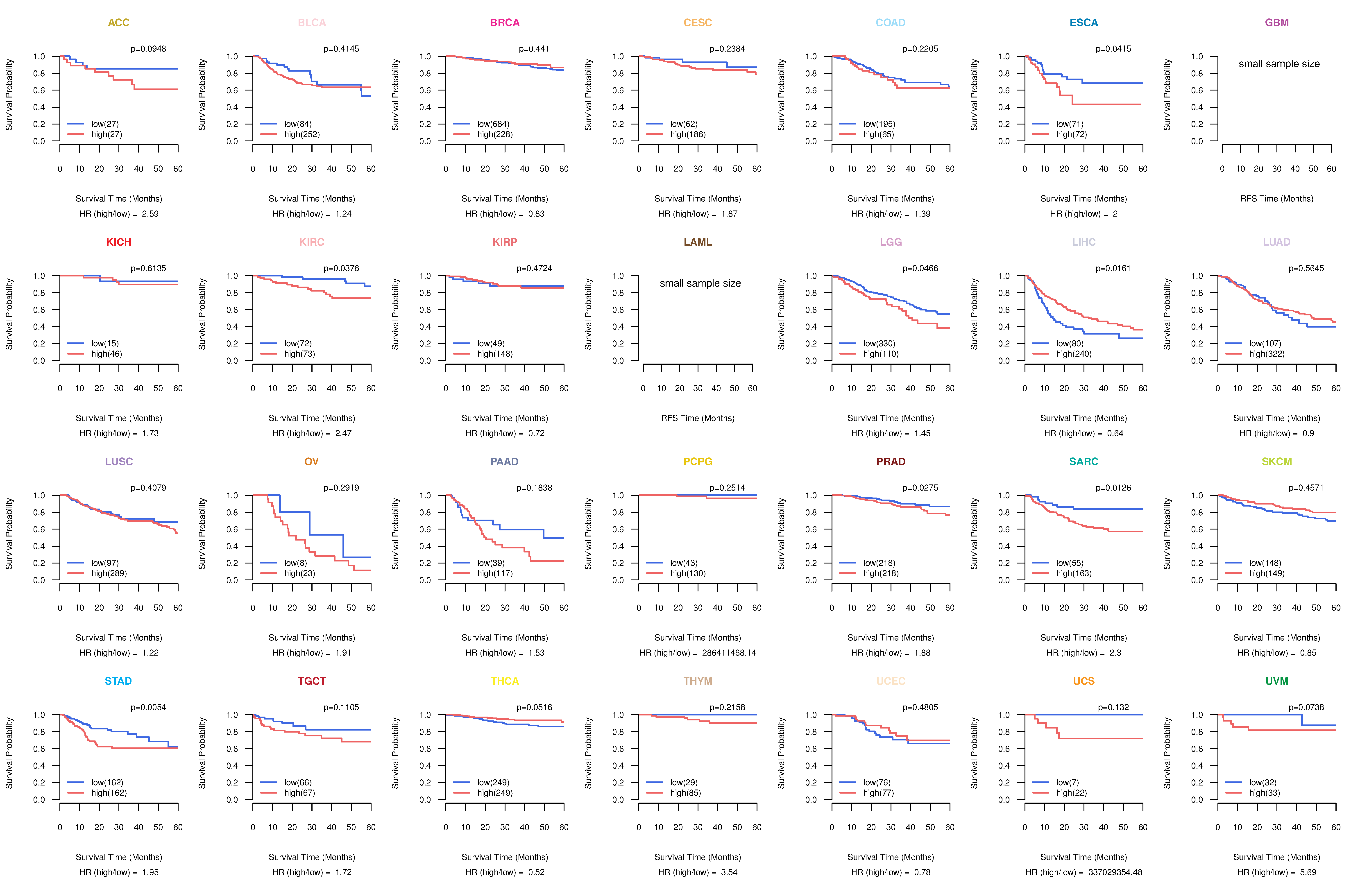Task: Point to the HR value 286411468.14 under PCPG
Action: pyautogui.click(x=729, y=653)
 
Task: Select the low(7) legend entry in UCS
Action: pyautogui.click(x=1067, y=782)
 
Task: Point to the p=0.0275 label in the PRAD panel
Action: pyautogui.click(x=920, y=488)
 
